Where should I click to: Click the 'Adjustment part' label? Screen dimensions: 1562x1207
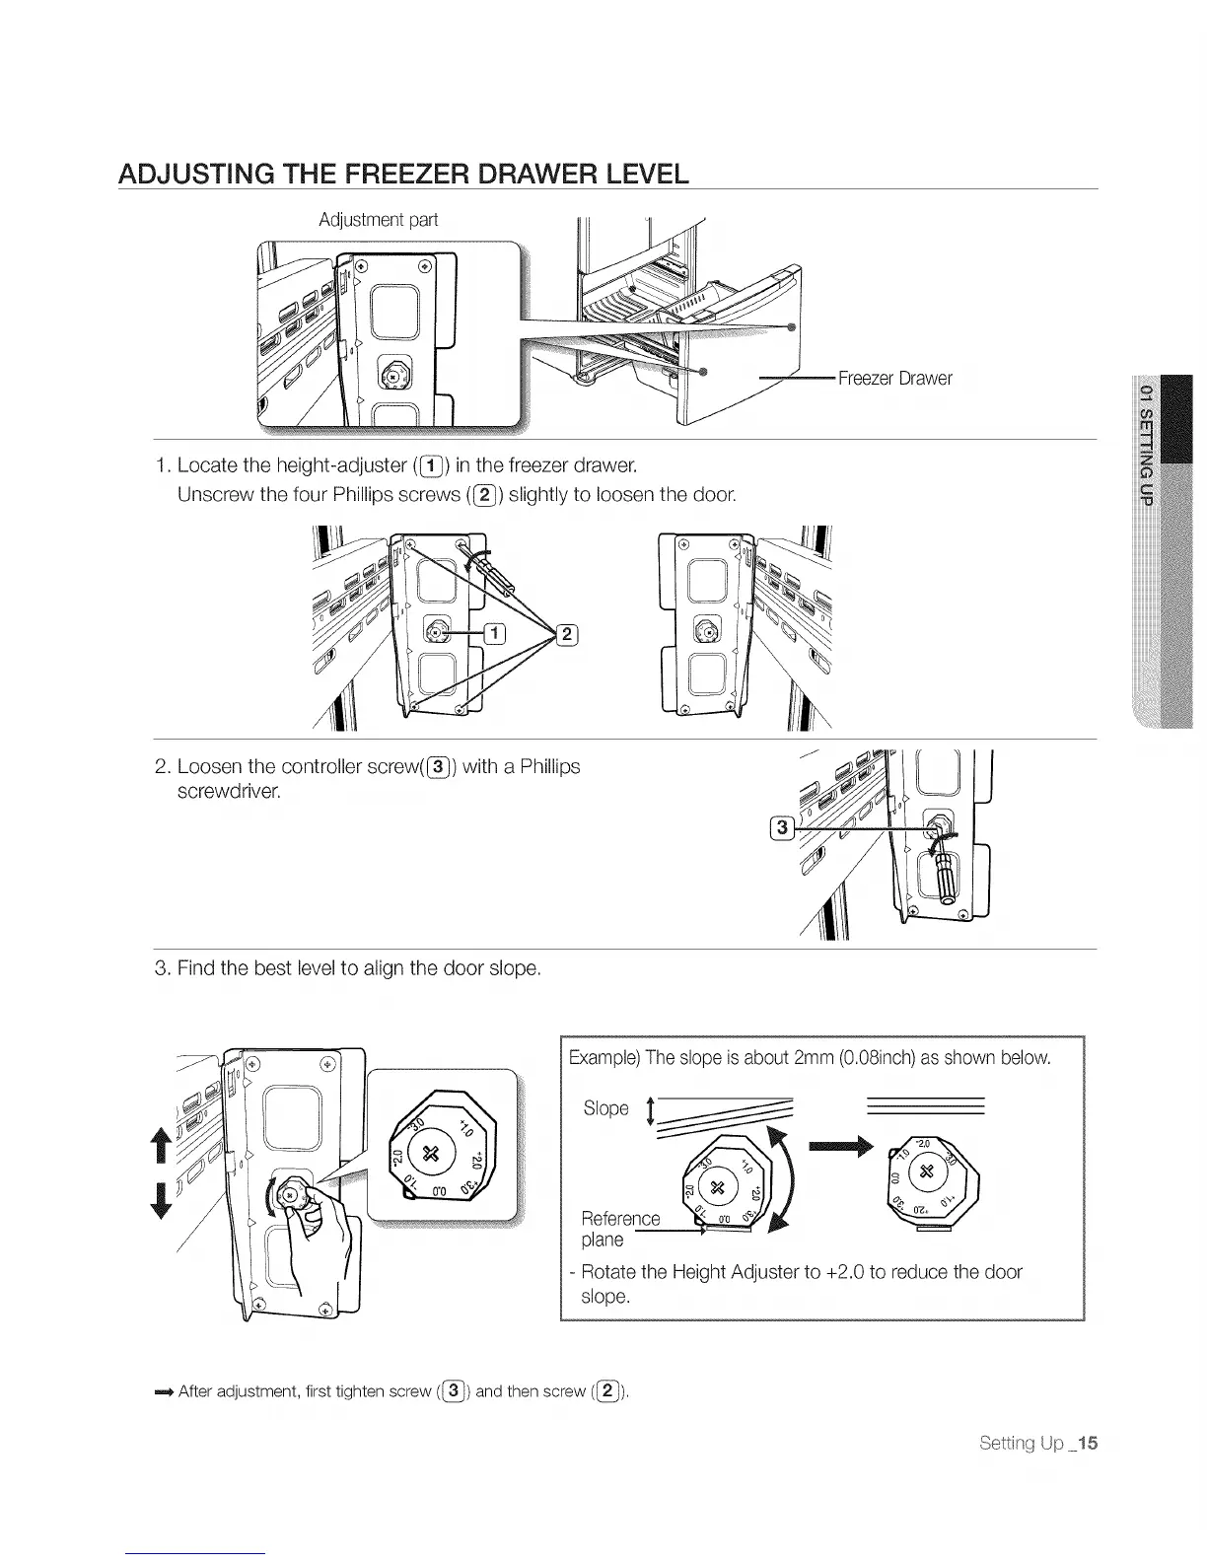coord(378,219)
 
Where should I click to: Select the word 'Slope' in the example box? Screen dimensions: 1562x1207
coord(605,1108)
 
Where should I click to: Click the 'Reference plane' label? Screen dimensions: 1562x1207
coord(619,1229)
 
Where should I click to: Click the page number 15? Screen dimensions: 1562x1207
coord(1088,1444)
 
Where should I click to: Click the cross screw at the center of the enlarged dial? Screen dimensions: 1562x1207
coord(430,1154)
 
